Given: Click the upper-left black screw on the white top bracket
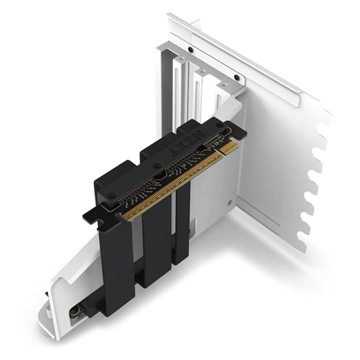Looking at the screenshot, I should pyautogui.click(x=190, y=49).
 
